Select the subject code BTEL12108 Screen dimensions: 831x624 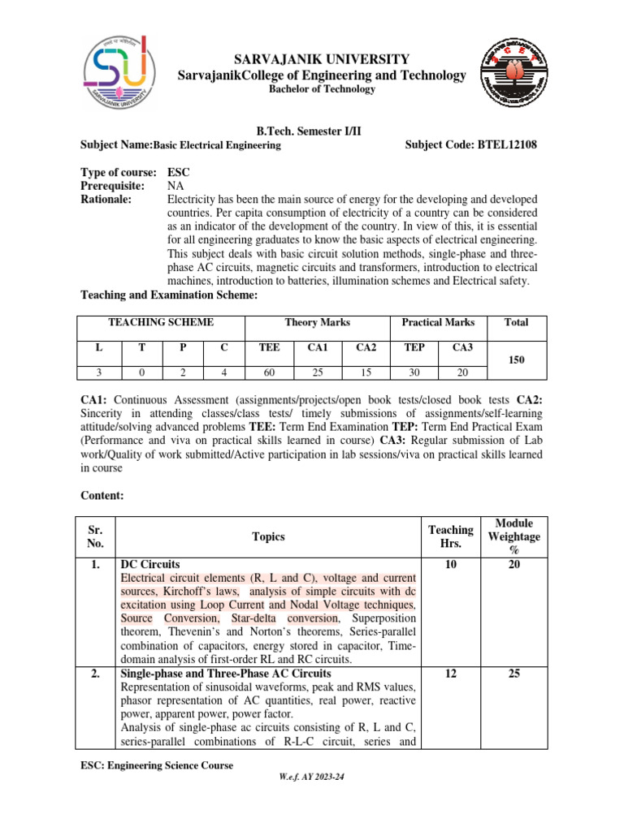point(504,145)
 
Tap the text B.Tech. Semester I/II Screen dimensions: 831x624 point(310,130)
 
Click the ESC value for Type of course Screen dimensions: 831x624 point(178,173)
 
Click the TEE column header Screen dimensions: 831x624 point(269,347)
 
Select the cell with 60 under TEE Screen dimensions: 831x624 point(269,372)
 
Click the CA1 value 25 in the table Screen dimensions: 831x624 point(318,372)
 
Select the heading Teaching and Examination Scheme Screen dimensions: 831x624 point(169,296)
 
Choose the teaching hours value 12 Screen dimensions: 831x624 point(450,674)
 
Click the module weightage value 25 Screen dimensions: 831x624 point(513,674)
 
